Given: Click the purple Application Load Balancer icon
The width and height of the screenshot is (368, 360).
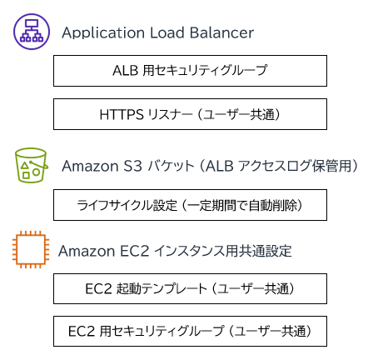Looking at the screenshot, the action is [x=32, y=32].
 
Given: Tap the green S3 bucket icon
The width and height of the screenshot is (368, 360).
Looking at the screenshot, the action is [x=31, y=165].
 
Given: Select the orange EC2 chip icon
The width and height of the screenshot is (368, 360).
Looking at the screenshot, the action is [x=31, y=249].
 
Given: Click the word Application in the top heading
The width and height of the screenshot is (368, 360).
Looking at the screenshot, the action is [x=103, y=33].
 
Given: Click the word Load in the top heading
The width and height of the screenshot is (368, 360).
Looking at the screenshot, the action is [x=167, y=32].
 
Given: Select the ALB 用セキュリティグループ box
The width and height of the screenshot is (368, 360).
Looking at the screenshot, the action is [x=190, y=71].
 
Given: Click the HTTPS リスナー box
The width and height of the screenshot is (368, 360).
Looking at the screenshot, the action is [x=190, y=114].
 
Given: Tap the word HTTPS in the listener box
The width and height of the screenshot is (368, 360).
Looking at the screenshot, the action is [x=122, y=114].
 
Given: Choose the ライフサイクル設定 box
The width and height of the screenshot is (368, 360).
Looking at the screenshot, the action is [x=190, y=205].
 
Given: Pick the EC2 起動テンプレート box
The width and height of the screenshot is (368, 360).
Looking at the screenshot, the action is [x=190, y=288].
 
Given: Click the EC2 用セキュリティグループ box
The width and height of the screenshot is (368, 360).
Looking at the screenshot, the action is [x=190, y=331].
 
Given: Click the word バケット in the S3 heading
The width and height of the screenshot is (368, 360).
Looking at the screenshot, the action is [x=171, y=166].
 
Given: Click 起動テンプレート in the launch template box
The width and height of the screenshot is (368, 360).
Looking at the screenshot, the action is [x=162, y=289].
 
